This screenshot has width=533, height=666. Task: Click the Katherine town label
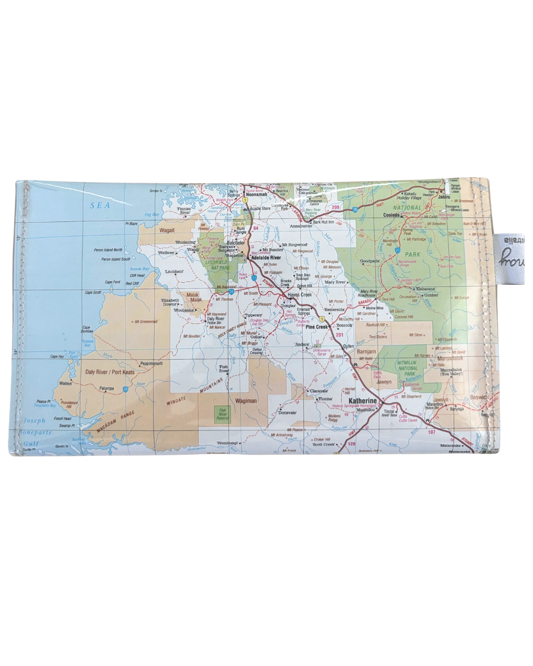(x=362, y=401)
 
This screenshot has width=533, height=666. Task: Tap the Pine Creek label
(x=317, y=327)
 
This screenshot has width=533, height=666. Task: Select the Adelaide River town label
(x=266, y=258)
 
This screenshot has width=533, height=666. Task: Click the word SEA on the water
(x=100, y=205)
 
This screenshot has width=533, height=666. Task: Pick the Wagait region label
(x=167, y=230)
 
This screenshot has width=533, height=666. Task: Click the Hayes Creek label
(x=300, y=295)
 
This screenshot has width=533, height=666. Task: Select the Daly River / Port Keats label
(x=110, y=372)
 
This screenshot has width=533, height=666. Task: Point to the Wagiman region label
(x=246, y=401)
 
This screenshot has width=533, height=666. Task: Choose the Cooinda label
(x=391, y=215)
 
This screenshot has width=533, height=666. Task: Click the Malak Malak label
(x=193, y=297)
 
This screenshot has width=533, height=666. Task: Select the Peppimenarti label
(x=152, y=363)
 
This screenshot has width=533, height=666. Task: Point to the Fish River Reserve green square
(x=223, y=414)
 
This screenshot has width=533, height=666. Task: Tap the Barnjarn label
(x=366, y=352)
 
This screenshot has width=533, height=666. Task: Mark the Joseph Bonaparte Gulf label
(x=35, y=432)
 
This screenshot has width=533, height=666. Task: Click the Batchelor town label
(x=236, y=243)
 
